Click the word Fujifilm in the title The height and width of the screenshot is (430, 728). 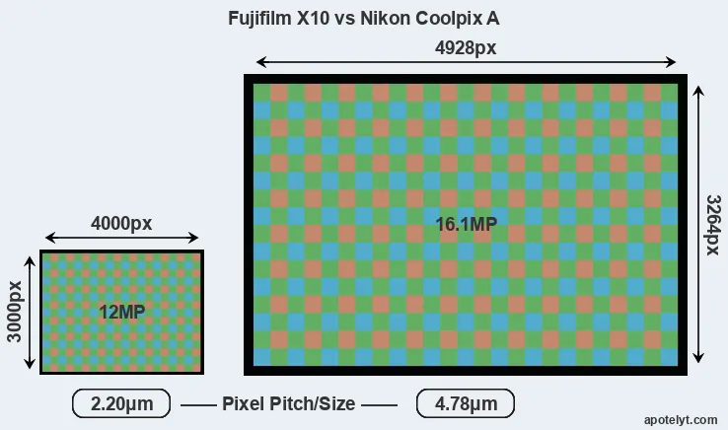pyautogui.click(x=260, y=19)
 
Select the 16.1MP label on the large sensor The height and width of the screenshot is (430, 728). pyautogui.click(x=467, y=224)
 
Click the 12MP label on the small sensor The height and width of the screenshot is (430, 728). pyautogui.click(x=122, y=312)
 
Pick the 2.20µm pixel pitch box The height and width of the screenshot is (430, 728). pyautogui.click(x=121, y=403)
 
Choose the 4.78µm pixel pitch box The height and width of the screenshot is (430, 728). pyautogui.click(x=466, y=403)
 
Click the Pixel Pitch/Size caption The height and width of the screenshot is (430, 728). pyautogui.click(x=289, y=403)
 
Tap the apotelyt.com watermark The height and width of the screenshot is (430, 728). pyautogui.click(x=681, y=420)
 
